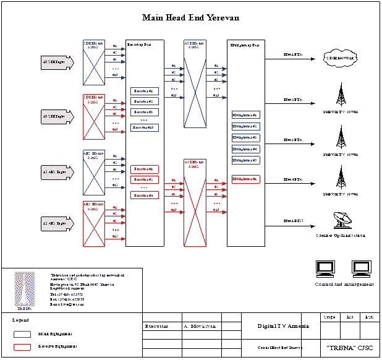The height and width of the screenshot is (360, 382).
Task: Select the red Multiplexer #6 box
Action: click(x=245, y=179)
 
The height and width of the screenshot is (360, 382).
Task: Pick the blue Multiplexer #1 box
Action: click(x=245, y=115)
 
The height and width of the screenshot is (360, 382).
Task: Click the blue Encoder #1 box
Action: click(x=145, y=91)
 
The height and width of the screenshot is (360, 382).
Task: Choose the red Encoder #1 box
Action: click(x=145, y=169)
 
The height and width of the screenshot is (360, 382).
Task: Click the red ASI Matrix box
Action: click(x=195, y=203)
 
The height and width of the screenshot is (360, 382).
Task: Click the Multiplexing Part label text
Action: click(x=245, y=45)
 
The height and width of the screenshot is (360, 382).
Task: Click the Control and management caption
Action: click(x=344, y=284)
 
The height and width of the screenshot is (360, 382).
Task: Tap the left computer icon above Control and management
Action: click(x=325, y=268)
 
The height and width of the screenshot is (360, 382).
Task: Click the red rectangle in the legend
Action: click(x=22, y=347)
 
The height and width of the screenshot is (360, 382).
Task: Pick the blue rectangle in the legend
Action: click(x=22, y=333)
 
